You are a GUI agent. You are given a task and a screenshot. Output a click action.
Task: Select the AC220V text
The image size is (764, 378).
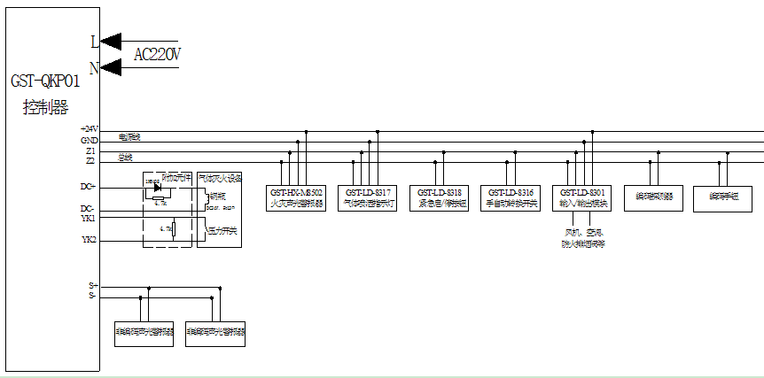[x=157, y=55]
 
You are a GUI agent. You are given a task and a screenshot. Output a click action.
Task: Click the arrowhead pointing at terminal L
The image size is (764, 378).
[x=111, y=40]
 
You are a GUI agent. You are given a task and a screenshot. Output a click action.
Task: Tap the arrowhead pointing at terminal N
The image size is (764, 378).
[x=111, y=66]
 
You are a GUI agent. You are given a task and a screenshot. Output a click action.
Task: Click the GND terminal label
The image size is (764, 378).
[x=89, y=141]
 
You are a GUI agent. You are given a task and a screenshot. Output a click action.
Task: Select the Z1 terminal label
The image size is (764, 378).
[x=90, y=151]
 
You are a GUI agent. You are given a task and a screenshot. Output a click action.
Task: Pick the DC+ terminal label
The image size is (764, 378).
[x=88, y=187]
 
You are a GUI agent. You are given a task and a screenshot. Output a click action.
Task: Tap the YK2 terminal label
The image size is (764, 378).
[x=89, y=240]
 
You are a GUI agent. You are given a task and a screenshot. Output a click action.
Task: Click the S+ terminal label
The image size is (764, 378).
[x=92, y=286]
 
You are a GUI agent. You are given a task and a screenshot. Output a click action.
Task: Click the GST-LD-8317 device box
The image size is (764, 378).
[x=369, y=197]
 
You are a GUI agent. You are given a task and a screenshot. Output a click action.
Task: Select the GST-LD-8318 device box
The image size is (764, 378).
[x=440, y=197]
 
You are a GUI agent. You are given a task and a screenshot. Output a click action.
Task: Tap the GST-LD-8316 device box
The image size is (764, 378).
[x=511, y=197]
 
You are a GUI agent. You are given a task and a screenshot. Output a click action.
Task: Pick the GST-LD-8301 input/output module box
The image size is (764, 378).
[x=582, y=197]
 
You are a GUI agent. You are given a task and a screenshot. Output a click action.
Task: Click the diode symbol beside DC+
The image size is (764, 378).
[x=157, y=187]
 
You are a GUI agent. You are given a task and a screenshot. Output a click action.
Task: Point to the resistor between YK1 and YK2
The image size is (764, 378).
[x=173, y=230]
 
